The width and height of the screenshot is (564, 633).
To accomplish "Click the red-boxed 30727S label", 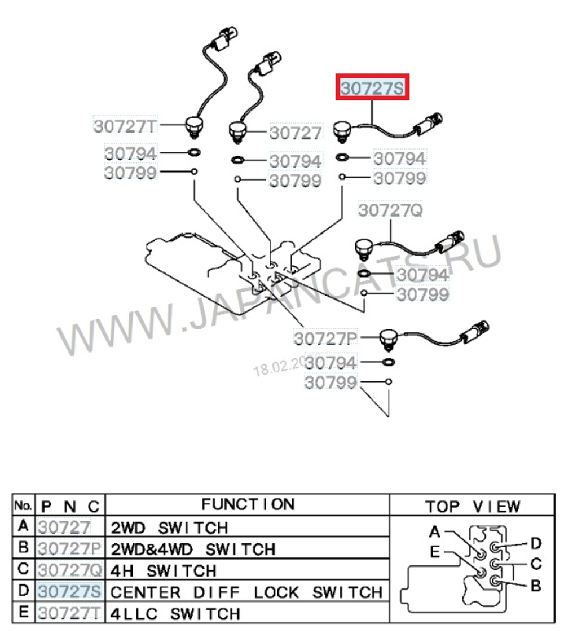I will [x=372, y=89].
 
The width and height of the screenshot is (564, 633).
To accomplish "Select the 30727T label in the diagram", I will [x=124, y=125].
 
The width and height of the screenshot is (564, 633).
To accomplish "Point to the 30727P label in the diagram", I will [x=325, y=339].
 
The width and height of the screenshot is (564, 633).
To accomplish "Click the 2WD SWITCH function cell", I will [x=170, y=527].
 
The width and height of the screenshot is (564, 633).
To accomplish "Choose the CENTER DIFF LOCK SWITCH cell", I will [x=246, y=592].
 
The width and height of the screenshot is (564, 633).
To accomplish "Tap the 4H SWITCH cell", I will [x=164, y=570].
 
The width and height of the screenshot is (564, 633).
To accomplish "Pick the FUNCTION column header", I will [x=248, y=504].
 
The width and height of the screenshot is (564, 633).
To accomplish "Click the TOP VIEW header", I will [x=472, y=506].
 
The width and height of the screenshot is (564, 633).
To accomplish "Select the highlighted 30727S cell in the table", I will [x=69, y=592].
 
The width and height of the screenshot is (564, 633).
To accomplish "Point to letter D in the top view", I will [x=535, y=543].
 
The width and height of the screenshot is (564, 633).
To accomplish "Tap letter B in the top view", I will [x=535, y=586].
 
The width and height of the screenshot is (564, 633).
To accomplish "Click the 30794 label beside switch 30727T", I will [x=130, y=153].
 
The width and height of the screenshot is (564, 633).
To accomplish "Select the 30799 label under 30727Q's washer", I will [x=423, y=294].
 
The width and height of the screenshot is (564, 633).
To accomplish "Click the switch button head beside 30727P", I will [x=388, y=339].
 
